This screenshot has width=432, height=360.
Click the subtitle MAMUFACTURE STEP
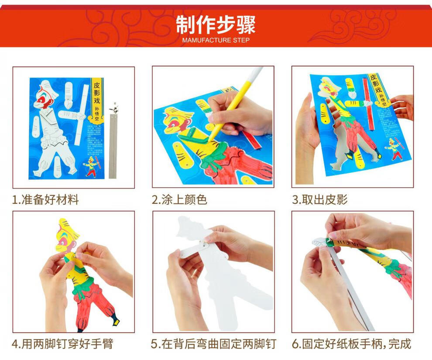click(x=216, y=40)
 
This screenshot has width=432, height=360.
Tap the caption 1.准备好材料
click(x=45, y=200)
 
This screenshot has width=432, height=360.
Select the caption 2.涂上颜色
click(x=179, y=200)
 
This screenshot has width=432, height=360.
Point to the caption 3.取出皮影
click(x=319, y=200)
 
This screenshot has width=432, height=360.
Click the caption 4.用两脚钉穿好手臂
click(x=62, y=343)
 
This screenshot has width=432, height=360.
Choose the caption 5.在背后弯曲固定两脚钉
click(x=213, y=343)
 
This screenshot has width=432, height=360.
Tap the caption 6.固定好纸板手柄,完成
click(x=351, y=343)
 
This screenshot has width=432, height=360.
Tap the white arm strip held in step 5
click(x=192, y=253)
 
